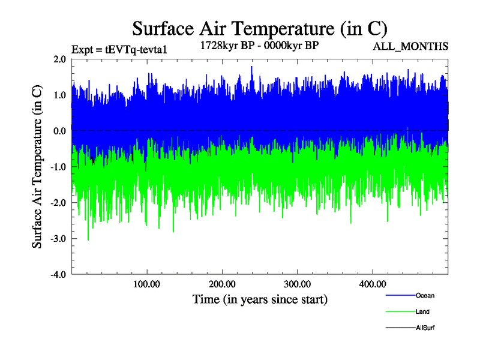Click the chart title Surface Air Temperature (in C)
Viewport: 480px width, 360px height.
(259, 28)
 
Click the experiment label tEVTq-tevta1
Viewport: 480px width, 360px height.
(119, 50)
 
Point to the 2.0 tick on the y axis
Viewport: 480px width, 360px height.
(59, 59)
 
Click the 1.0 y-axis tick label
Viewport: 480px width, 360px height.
(59, 95)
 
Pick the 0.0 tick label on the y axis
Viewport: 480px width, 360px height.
(59, 131)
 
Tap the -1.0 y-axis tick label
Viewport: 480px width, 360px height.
(58, 167)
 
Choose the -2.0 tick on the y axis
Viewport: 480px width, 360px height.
(58, 203)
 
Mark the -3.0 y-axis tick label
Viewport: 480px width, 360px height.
(58, 239)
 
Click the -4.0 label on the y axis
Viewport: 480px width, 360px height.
(58, 275)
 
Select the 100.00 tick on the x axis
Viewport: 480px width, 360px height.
(146, 284)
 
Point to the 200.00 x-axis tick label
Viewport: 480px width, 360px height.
(222, 284)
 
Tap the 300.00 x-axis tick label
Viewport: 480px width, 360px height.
(297, 284)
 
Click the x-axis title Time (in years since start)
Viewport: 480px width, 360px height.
(260, 299)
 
